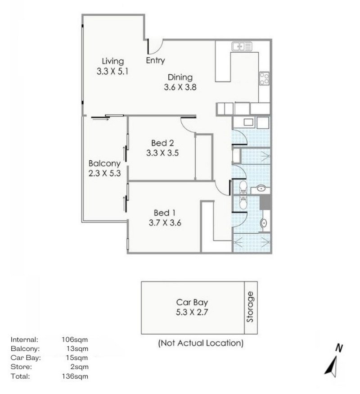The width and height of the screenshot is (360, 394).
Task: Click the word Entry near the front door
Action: pos(155,60)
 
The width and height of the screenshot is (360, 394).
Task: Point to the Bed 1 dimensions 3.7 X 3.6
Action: pos(164,222)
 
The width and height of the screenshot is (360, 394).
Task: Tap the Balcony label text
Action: pos(104,163)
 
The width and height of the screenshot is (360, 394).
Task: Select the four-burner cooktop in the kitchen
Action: pos(264,79)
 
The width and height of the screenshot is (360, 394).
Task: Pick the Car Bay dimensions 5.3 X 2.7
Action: pos(192,312)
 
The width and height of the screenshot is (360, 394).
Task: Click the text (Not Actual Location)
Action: pos(201,343)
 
